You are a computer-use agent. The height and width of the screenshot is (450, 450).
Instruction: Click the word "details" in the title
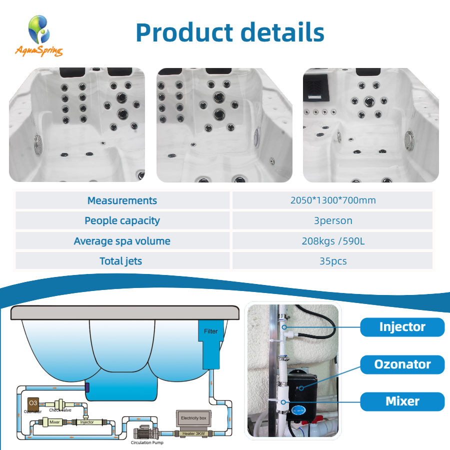[x=282, y=32]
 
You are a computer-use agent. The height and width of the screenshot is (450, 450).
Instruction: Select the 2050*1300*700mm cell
[x=332, y=200]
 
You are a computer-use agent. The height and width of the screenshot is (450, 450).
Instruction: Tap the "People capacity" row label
[x=122, y=220]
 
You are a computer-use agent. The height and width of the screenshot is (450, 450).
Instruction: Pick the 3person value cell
[x=332, y=220]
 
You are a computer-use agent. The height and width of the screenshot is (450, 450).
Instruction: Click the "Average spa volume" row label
[x=122, y=241]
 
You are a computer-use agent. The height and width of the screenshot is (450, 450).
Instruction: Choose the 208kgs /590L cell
[x=332, y=241]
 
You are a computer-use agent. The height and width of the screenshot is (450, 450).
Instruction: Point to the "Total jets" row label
[x=122, y=261]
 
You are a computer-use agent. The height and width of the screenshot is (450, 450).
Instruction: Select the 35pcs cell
[x=332, y=261]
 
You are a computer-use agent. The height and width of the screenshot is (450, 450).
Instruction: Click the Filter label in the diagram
[x=210, y=331]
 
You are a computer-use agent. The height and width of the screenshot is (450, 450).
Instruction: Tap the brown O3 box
[x=33, y=402]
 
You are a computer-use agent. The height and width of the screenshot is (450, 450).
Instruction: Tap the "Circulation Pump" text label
[x=147, y=442]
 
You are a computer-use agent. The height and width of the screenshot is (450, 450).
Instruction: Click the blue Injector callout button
[x=402, y=327]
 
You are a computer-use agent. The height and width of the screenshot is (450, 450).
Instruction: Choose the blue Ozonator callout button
[x=402, y=364]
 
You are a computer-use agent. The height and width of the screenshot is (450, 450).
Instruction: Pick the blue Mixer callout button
[x=402, y=401]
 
